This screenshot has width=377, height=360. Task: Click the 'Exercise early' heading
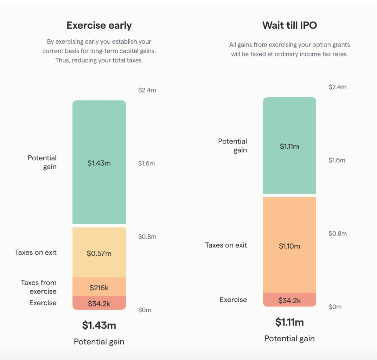pyautogui.click(x=99, y=25)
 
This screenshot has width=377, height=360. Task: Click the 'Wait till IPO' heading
pyautogui.click(x=289, y=25)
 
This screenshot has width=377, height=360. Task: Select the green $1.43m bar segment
pyautogui.click(x=99, y=163)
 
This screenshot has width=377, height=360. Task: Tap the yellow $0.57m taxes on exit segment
pyautogui.click(x=99, y=253)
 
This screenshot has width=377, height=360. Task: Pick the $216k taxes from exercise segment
pyautogui.click(x=99, y=287)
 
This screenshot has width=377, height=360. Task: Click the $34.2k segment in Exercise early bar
pyautogui.click(x=99, y=303)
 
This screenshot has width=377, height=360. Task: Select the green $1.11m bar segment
pyautogui.click(x=289, y=146)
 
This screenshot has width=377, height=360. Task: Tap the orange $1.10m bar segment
pyautogui.click(x=289, y=246)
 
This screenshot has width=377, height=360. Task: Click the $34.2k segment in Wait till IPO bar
pyautogui.click(x=289, y=300)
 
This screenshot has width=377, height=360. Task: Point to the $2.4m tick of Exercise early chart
pyautogui.click(x=147, y=90)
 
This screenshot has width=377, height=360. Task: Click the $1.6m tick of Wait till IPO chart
pyautogui.click(x=337, y=160)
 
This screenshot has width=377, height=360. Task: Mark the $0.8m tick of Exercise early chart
pyautogui.click(x=147, y=237)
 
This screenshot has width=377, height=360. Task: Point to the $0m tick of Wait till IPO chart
pyautogui.click(x=335, y=307)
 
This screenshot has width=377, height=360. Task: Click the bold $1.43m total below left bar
pyautogui.click(x=99, y=325)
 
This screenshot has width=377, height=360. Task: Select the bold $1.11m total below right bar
pyautogui.click(x=289, y=322)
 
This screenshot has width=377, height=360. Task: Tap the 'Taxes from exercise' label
pyautogui.click(x=39, y=287)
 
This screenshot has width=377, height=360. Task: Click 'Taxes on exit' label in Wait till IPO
pyautogui.click(x=226, y=245)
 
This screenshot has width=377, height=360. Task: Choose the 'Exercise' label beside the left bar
pyautogui.click(x=43, y=303)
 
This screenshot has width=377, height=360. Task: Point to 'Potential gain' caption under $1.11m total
pyautogui.click(x=289, y=338)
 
